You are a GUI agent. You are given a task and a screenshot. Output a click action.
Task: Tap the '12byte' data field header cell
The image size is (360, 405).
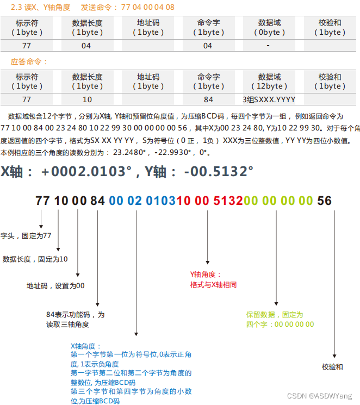(269, 82)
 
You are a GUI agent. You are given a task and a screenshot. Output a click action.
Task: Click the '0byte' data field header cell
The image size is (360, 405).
(269, 28)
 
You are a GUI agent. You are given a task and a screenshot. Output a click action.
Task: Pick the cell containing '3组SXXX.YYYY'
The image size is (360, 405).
(269, 100)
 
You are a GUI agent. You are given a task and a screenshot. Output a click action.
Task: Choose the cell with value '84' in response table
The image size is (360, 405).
(208, 100)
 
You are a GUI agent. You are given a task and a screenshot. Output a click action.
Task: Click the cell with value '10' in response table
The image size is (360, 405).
(87, 100)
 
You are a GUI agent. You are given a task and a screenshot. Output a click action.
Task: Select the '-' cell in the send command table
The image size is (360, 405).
(269, 46)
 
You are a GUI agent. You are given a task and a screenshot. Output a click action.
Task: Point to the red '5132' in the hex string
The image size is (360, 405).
(228, 201)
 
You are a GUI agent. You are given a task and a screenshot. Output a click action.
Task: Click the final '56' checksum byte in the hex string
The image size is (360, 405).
(324, 201)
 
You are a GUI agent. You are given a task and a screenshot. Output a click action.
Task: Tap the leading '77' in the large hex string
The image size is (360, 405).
(43, 201)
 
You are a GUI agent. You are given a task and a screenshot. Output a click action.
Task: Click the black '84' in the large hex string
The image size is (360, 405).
(97, 201)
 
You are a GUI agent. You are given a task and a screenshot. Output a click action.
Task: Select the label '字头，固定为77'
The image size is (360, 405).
(26, 236)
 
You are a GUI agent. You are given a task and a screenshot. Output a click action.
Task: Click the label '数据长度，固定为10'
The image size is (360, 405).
(35, 259)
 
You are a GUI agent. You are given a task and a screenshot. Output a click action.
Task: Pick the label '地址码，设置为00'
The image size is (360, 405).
(55, 285)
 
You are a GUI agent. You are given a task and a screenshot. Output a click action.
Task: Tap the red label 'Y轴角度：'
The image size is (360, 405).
(206, 275)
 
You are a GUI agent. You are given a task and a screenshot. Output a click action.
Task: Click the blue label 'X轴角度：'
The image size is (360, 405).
(86, 346)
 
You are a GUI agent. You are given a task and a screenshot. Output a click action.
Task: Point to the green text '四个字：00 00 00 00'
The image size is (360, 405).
(280, 324)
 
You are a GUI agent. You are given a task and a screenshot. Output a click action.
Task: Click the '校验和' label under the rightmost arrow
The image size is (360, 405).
(332, 367)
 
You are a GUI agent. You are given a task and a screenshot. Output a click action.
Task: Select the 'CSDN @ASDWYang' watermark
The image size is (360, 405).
(319, 396)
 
